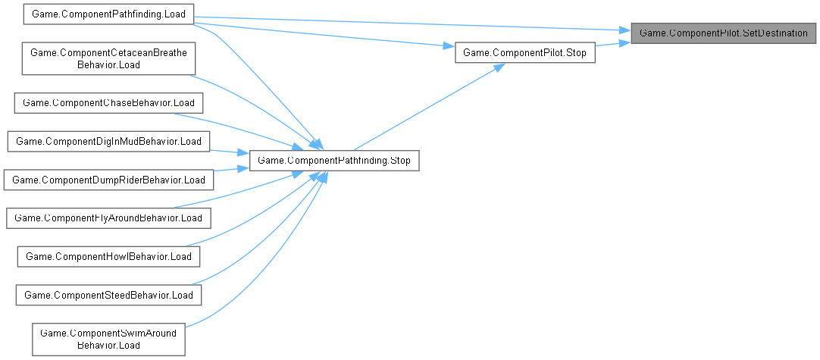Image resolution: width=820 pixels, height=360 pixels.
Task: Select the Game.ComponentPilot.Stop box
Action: tap(524, 55)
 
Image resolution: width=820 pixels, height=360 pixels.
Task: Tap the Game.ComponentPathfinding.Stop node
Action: tap(334, 161)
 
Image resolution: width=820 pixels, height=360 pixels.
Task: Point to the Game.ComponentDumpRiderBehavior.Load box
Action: tap(108, 180)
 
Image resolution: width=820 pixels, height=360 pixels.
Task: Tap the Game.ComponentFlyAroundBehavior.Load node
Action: tap(108, 218)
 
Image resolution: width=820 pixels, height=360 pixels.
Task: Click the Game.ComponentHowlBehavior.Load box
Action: tap(108, 256)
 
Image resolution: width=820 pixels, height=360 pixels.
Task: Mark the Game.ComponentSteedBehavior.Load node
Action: tap(108, 294)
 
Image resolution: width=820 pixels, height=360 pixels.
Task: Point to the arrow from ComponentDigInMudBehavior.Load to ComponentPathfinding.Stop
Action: tap(229, 150)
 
